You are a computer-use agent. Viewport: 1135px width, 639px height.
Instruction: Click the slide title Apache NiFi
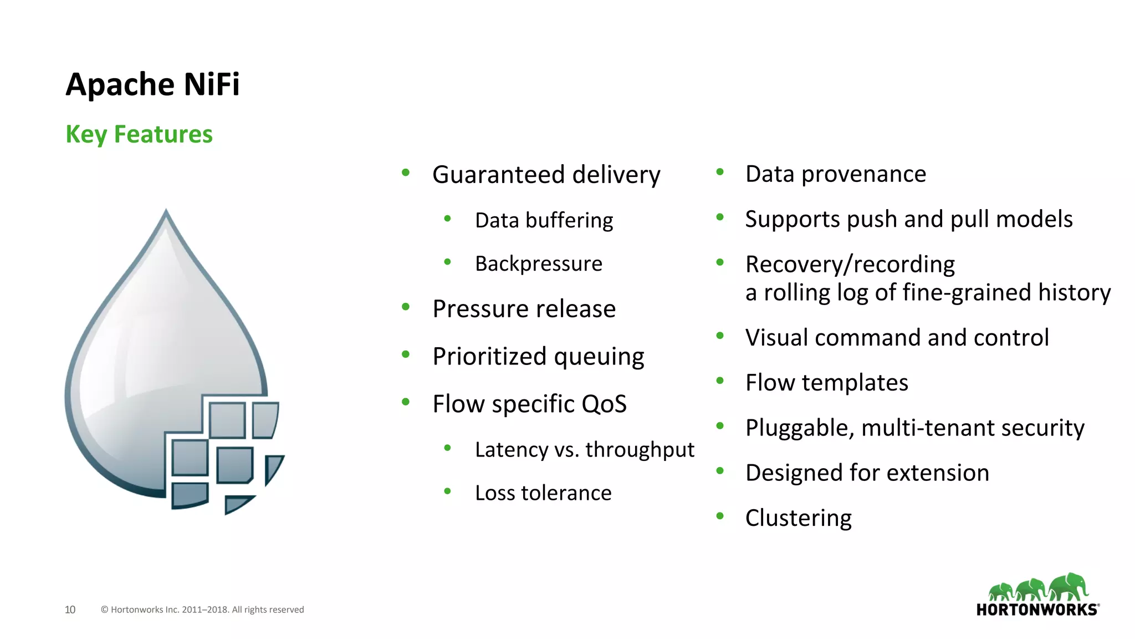tap(152, 84)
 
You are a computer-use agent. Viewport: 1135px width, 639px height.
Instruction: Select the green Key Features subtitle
tap(139, 134)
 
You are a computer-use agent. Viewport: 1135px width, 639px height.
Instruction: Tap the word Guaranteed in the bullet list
tap(498, 175)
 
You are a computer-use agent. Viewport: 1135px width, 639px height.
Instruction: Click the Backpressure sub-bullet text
tap(538, 263)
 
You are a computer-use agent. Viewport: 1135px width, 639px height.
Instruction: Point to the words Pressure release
tap(524, 309)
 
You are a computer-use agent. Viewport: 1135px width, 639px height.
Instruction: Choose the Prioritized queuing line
tap(538, 357)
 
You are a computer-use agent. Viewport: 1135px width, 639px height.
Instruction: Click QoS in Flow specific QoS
tap(604, 404)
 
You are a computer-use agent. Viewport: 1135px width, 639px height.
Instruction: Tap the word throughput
tap(640, 450)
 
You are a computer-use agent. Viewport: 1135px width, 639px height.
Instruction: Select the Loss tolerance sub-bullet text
tap(543, 493)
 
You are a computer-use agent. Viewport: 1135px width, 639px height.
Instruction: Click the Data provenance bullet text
tap(835, 174)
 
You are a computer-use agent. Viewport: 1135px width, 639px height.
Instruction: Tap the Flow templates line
tap(826, 383)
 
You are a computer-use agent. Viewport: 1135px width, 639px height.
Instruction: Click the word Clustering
tap(798, 518)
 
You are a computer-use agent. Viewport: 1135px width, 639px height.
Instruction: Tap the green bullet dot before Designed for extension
tap(720, 471)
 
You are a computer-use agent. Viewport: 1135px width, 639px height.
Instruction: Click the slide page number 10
tap(70, 610)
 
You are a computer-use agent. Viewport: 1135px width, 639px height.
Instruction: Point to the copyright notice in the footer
tap(202, 610)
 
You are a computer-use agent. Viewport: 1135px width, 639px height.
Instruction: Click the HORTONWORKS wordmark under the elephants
tap(1036, 610)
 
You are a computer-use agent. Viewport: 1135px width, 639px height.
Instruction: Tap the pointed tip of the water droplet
tap(166, 212)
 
